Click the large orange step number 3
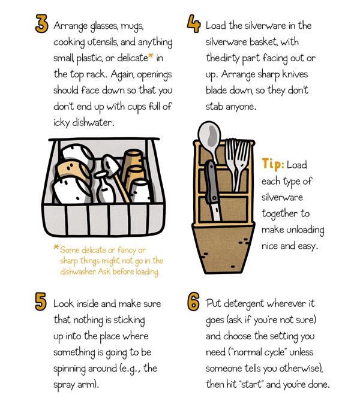point(41,25)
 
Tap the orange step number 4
point(193,25)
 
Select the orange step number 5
point(41,302)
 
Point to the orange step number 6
point(193,302)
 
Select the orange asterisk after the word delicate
point(151,58)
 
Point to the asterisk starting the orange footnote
point(56,248)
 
